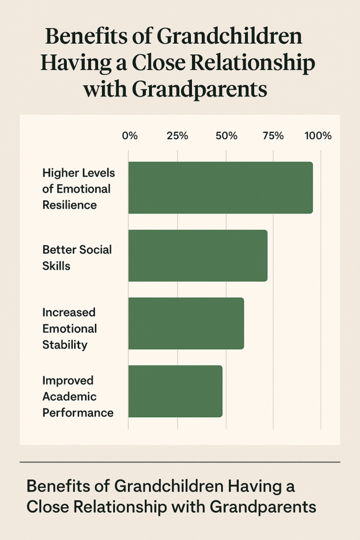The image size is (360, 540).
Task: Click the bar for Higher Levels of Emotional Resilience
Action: click(x=220, y=188)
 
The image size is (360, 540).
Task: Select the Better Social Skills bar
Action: click(x=198, y=255)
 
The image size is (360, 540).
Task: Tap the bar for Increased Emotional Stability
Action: click(x=186, y=323)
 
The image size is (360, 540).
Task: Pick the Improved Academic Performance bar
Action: click(x=175, y=391)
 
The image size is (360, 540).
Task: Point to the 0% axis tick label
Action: click(x=130, y=136)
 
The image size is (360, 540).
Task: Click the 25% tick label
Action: click(x=177, y=136)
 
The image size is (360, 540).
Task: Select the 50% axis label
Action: click(x=226, y=136)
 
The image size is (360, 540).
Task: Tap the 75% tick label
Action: click(x=273, y=136)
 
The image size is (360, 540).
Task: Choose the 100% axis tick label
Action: click(x=318, y=136)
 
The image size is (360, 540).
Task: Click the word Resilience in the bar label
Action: click(x=70, y=205)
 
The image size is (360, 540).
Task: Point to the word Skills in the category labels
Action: click(x=56, y=265)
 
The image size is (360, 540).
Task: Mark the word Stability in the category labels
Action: click(x=65, y=345)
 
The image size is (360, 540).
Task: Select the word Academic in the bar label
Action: click(x=69, y=397)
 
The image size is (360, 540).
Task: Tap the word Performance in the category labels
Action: click(x=78, y=412)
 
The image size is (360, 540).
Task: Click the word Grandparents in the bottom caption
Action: click(x=263, y=506)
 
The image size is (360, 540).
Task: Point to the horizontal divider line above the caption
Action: click(x=180, y=462)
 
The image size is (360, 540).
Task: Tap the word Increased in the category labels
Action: click(x=69, y=312)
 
